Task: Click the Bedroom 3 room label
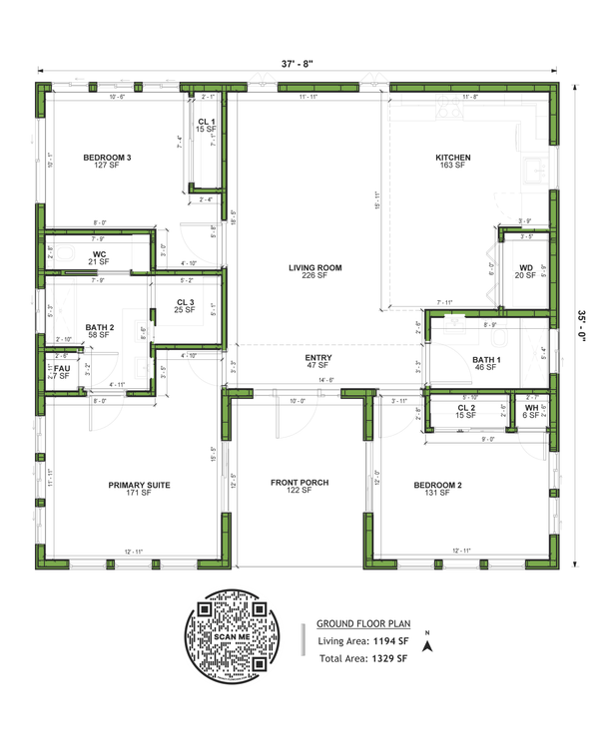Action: click(x=107, y=158)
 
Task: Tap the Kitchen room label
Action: click(x=452, y=158)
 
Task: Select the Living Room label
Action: click(x=315, y=268)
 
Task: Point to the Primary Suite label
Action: click(x=139, y=485)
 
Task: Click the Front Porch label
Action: click(x=299, y=483)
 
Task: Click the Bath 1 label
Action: click(x=485, y=360)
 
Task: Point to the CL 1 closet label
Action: click(x=207, y=122)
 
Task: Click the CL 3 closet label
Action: click(x=185, y=302)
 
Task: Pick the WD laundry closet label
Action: click(x=524, y=269)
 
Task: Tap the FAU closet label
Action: click(x=62, y=368)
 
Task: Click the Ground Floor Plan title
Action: click(x=361, y=619)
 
